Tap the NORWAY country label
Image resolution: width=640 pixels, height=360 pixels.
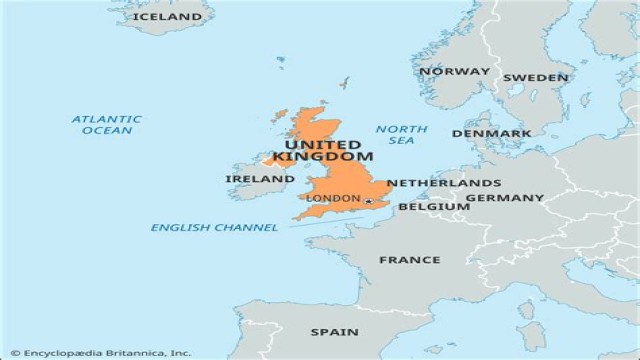[x=455, y=71]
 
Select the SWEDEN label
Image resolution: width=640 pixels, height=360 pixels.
[x=536, y=77]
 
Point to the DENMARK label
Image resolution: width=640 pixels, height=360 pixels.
[x=491, y=133]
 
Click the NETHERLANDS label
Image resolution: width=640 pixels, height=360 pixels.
[x=444, y=184]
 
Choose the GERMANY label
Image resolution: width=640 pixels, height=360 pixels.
[x=505, y=198]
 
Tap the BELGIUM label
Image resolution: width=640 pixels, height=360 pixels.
[x=434, y=207]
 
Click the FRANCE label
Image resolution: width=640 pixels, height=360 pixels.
[x=409, y=260]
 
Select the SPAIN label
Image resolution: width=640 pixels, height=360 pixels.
[x=334, y=332]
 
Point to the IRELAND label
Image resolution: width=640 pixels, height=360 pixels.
[x=260, y=179]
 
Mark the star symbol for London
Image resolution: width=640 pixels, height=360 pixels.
[x=368, y=201]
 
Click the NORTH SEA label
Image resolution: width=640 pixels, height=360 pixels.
[x=402, y=136]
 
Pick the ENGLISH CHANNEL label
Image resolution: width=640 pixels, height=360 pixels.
[x=214, y=228]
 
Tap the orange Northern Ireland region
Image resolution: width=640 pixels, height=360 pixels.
[x=276, y=160]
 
